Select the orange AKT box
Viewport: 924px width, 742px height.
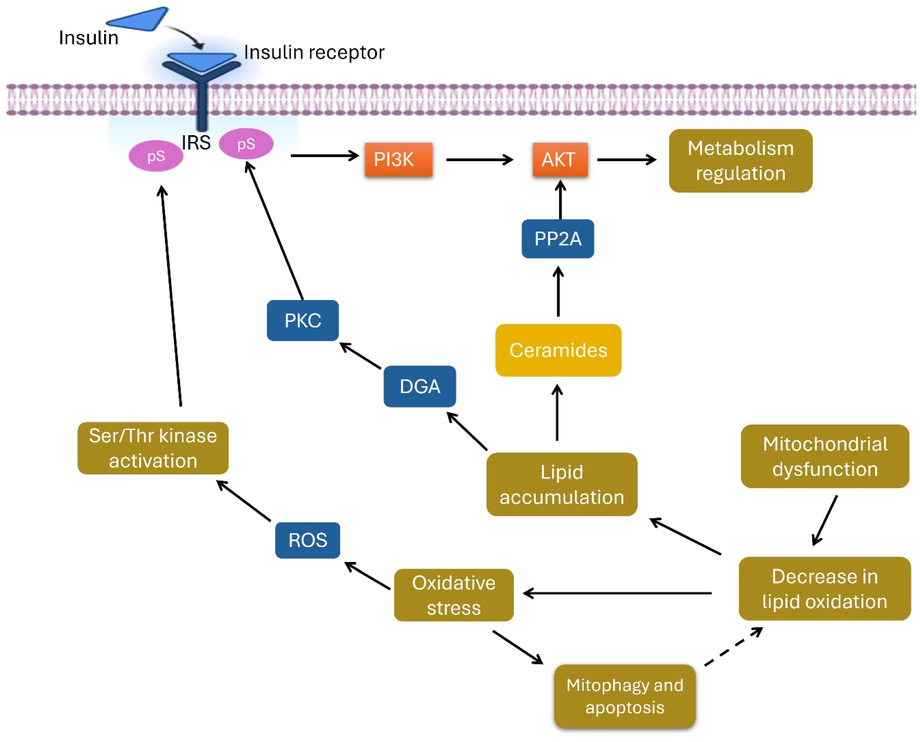point(560,159)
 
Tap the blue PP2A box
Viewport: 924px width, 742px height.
point(558,239)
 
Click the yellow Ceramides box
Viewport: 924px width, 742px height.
point(558,350)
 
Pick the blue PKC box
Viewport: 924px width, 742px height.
point(302,320)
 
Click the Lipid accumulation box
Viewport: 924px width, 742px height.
point(561,484)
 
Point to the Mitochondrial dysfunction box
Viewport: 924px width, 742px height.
point(825,456)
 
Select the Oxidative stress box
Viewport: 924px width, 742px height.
point(453,595)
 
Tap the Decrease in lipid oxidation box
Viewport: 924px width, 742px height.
point(824,589)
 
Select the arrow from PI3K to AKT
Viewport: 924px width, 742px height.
point(479,160)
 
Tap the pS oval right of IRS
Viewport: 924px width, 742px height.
point(246,144)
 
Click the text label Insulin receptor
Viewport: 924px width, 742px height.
point(314,52)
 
